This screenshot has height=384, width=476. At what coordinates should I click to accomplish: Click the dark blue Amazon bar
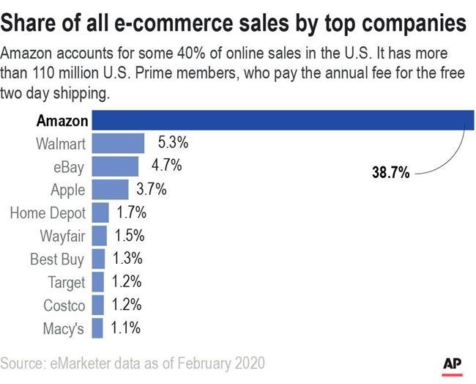[x=283, y=120]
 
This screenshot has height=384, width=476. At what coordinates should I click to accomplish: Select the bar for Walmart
[x=117, y=143]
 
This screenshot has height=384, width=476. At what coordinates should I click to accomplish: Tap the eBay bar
[x=115, y=166]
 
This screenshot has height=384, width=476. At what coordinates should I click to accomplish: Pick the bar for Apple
[x=110, y=190]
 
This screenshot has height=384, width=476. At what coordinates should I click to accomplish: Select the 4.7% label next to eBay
[x=166, y=166]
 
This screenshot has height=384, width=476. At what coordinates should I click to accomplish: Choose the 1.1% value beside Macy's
[x=125, y=329]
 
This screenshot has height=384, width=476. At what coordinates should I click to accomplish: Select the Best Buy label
[x=57, y=259]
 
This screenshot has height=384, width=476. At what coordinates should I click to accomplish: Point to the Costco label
[x=64, y=306]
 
